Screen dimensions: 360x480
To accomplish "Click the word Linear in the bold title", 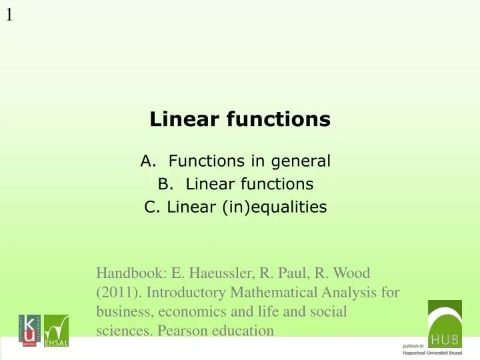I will [x=179, y=120].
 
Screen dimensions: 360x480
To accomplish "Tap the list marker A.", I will [x=148, y=161].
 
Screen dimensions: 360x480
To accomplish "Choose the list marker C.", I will [x=151, y=207].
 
